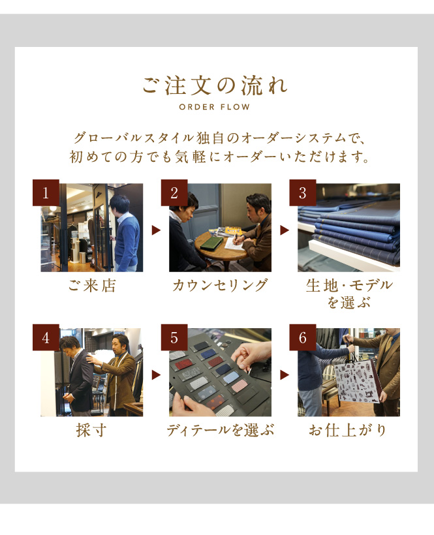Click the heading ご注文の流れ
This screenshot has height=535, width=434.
click(215, 85)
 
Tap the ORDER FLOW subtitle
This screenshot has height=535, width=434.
click(215, 107)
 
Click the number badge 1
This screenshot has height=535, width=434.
click(46, 192)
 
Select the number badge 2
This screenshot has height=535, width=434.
click(174, 192)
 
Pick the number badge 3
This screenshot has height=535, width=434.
click(303, 192)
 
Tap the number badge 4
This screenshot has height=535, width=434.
click(46, 337)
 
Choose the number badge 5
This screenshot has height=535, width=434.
click(174, 337)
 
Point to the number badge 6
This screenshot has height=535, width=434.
click(303, 337)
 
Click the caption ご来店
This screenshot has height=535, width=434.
click(92, 285)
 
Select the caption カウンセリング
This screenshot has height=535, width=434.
click(220, 285)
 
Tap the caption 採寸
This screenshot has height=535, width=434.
click(91, 430)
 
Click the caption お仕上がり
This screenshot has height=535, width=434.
click(348, 430)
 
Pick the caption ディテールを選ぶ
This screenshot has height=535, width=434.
click(220, 430)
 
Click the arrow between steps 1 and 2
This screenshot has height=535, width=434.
click(156, 230)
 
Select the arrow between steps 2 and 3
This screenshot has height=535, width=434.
click(285, 230)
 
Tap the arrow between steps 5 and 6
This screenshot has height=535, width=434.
click(285, 375)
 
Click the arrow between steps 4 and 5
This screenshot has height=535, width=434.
click(156, 375)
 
